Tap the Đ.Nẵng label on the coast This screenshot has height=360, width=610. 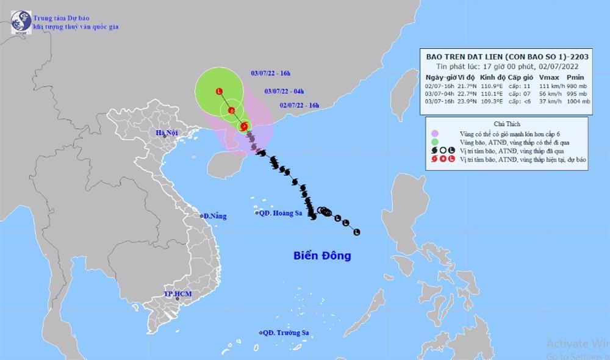click(x=214, y=216)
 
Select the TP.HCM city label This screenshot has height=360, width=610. click(x=177, y=295)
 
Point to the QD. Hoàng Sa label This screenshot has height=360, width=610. click(x=278, y=212)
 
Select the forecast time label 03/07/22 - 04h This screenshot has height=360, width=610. click(x=284, y=91)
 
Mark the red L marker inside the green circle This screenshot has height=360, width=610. click(x=219, y=92)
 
